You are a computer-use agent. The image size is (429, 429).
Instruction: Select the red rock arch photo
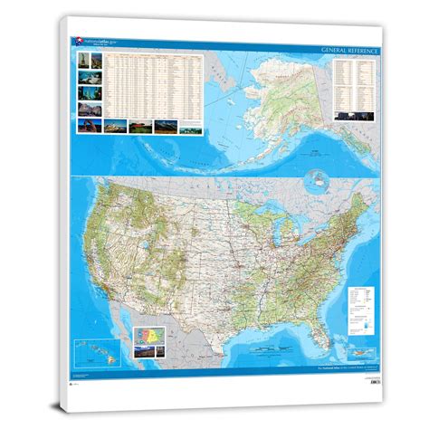(x=84, y=110)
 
